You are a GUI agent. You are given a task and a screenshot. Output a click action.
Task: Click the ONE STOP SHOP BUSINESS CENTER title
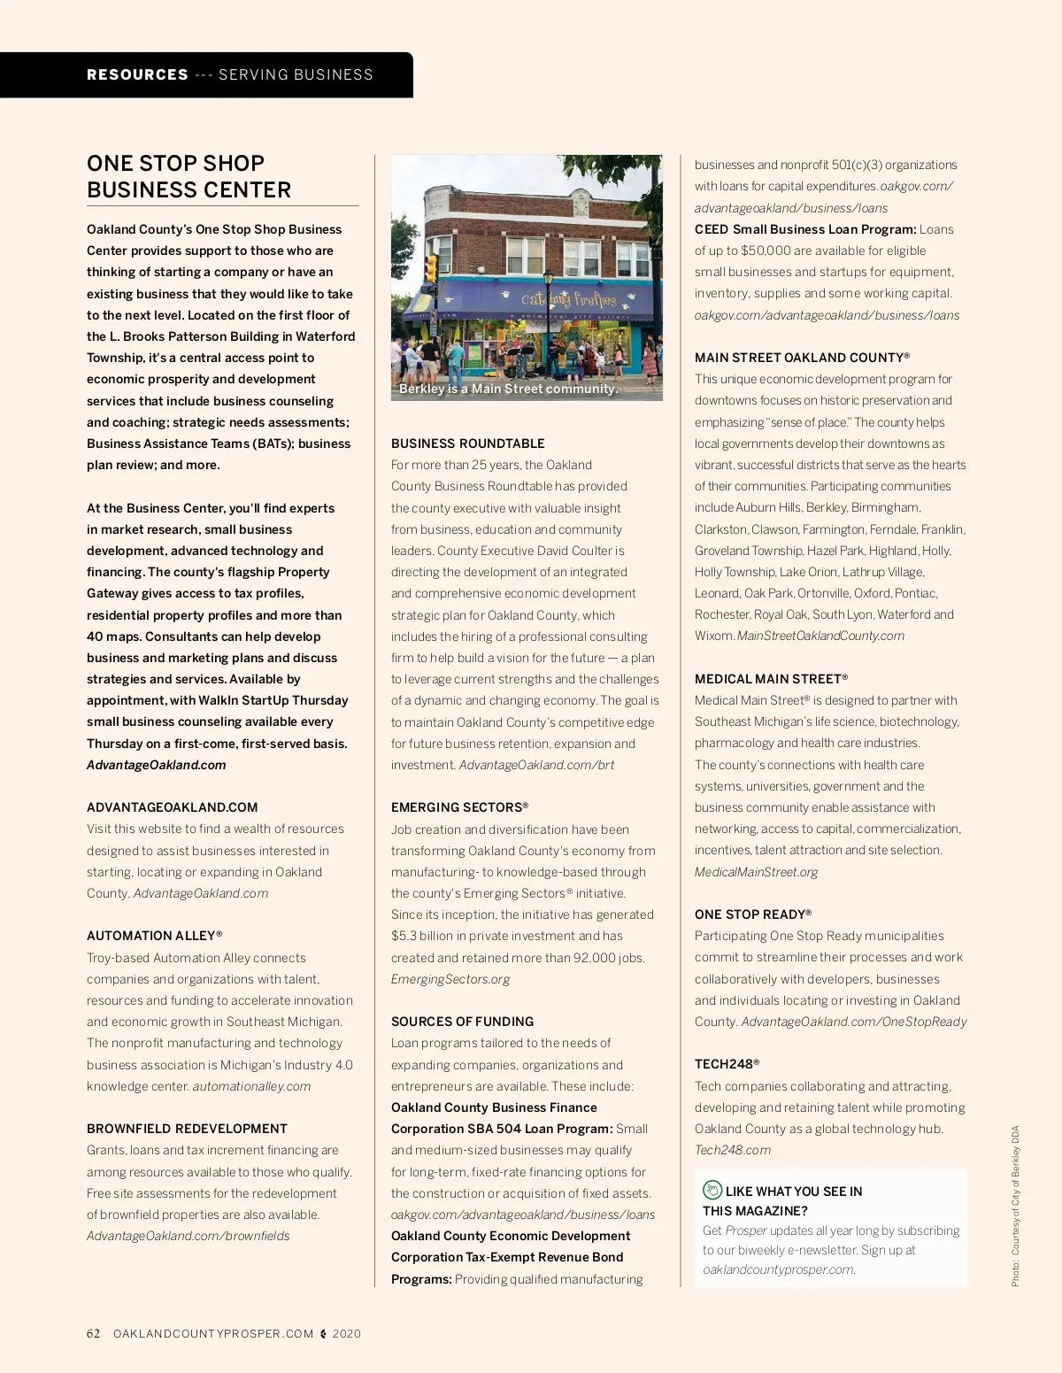pyautogui.click(x=189, y=176)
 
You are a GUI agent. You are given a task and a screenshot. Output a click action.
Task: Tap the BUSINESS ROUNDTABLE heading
pyautogui.click(x=467, y=444)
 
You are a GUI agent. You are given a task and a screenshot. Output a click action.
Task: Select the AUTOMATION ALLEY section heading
pyautogui.click(x=154, y=936)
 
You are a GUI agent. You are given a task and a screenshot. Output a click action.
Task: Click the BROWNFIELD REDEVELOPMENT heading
pyautogui.click(x=187, y=1129)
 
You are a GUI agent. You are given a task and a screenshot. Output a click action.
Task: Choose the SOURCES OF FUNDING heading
pyautogui.click(x=462, y=1022)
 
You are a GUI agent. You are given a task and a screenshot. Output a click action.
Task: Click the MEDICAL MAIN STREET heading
pyautogui.click(x=771, y=679)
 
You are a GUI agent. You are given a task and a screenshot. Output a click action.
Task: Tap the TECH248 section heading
pyautogui.click(x=727, y=1064)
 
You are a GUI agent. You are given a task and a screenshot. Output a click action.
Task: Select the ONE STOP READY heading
pyautogui.click(x=752, y=914)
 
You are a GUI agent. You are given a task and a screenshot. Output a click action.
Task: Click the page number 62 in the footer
pyautogui.click(x=94, y=1334)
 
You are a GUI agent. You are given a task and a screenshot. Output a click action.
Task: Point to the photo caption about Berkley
pyautogui.click(x=508, y=389)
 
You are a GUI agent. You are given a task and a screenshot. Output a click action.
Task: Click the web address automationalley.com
pyautogui.click(x=251, y=1086)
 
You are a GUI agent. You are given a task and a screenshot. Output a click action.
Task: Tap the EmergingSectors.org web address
pyautogui.click(x=450, y=979)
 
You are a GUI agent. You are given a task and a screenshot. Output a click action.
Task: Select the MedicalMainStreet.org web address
pyautogui.click(x=756, y=872)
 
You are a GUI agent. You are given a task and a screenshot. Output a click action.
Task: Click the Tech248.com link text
pyautogui.click(x=732, y=1150)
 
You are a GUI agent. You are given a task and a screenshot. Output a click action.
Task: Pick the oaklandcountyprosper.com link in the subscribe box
pyautogui.click(x=779, y=1269)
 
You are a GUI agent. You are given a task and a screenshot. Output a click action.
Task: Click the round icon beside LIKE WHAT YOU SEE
pyautogui.click(x=712, y=1191)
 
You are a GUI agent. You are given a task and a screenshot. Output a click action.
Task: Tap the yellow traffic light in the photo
pyautogui.click(x=432, y=267)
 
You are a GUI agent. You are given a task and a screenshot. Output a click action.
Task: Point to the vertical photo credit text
pyautogui.click(x=1015, y=1206)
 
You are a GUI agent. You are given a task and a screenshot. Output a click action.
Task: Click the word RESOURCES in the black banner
pyautogui.click(x=137, y=75)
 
